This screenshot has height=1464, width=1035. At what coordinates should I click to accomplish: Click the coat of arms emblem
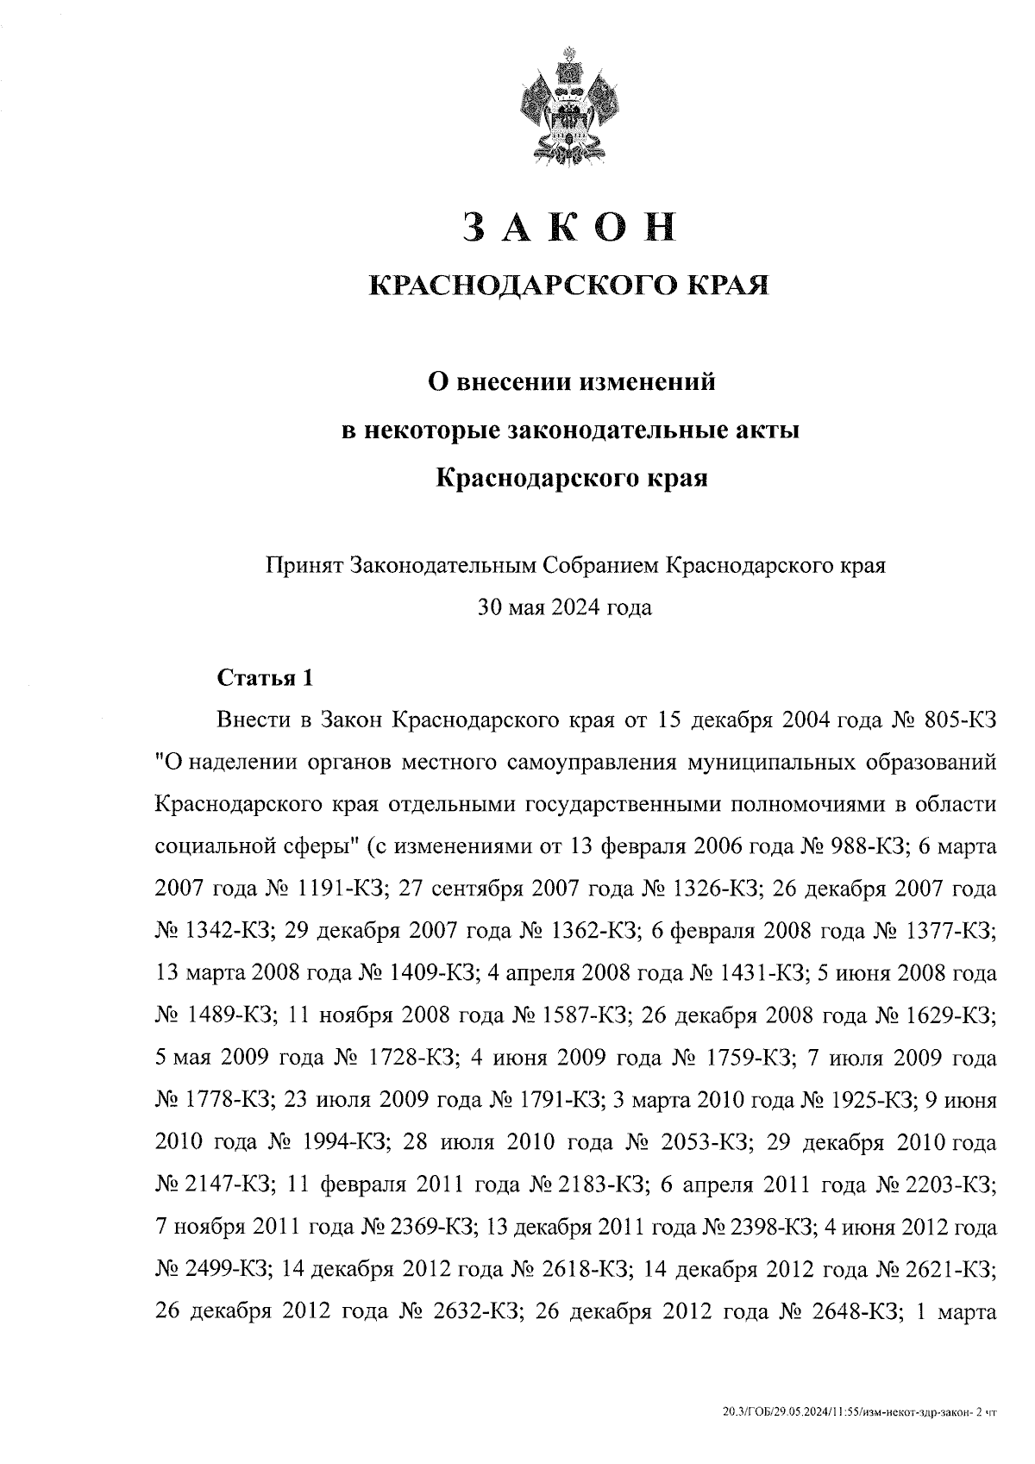point(568,110)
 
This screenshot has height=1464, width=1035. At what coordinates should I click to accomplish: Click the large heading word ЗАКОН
point(568,226)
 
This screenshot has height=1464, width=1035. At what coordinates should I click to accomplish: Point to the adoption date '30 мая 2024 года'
point(565,607)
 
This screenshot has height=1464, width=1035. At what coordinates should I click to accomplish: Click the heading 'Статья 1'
point(264,678)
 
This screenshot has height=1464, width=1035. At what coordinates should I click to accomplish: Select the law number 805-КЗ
point(960,720)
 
